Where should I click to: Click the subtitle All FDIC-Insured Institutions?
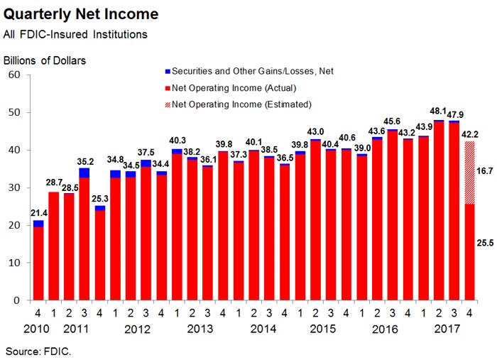pos(75,34)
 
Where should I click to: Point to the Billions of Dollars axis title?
pos(45,60)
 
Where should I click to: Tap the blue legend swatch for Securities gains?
pos(168,71)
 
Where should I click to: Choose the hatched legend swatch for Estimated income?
pos(168,104)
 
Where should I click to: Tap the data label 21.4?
pos(38,213)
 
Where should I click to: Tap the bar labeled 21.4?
pos(38,263)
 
